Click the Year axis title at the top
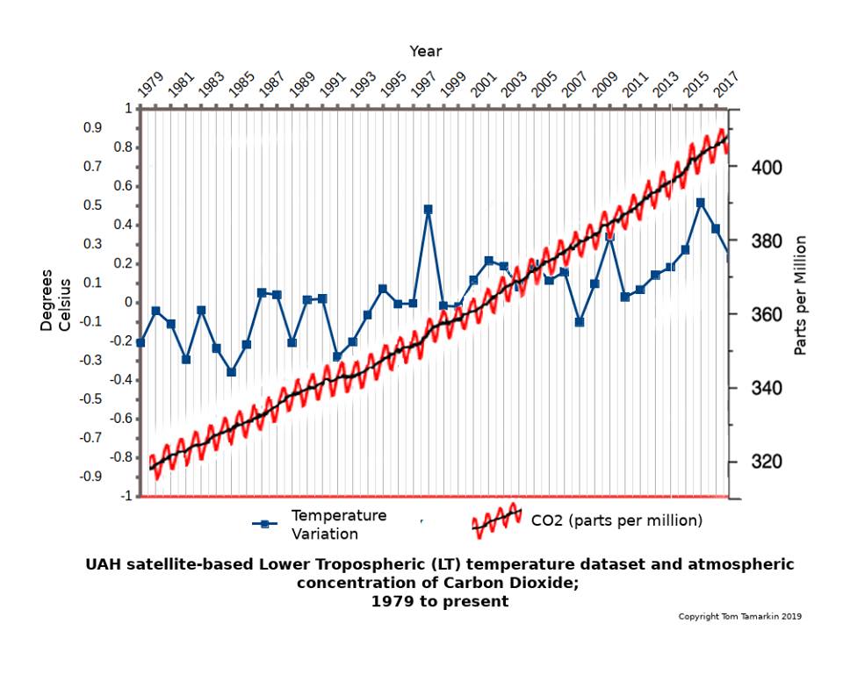[425, 51]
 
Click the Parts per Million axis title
[800, 296]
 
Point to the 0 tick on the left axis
[128, 303]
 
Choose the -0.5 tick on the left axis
[117, 399]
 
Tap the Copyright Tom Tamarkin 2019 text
[739, 616]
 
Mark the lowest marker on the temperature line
[232, 372]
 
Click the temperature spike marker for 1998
[428, 210]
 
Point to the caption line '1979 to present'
[439, 601]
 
